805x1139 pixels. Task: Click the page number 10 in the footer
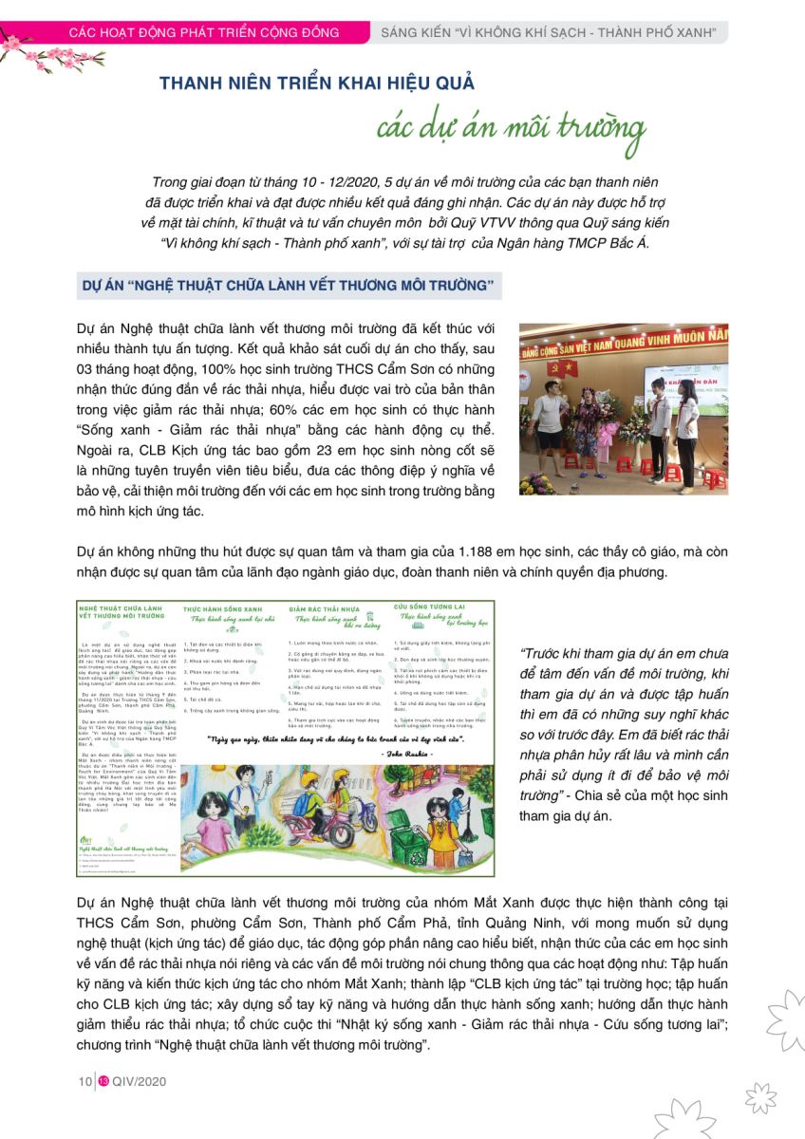(85, 1081)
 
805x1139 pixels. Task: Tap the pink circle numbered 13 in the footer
(103, 1081)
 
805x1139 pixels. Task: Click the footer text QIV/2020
(140, 1081)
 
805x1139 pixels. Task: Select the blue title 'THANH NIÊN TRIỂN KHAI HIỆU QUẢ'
(317, 83)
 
